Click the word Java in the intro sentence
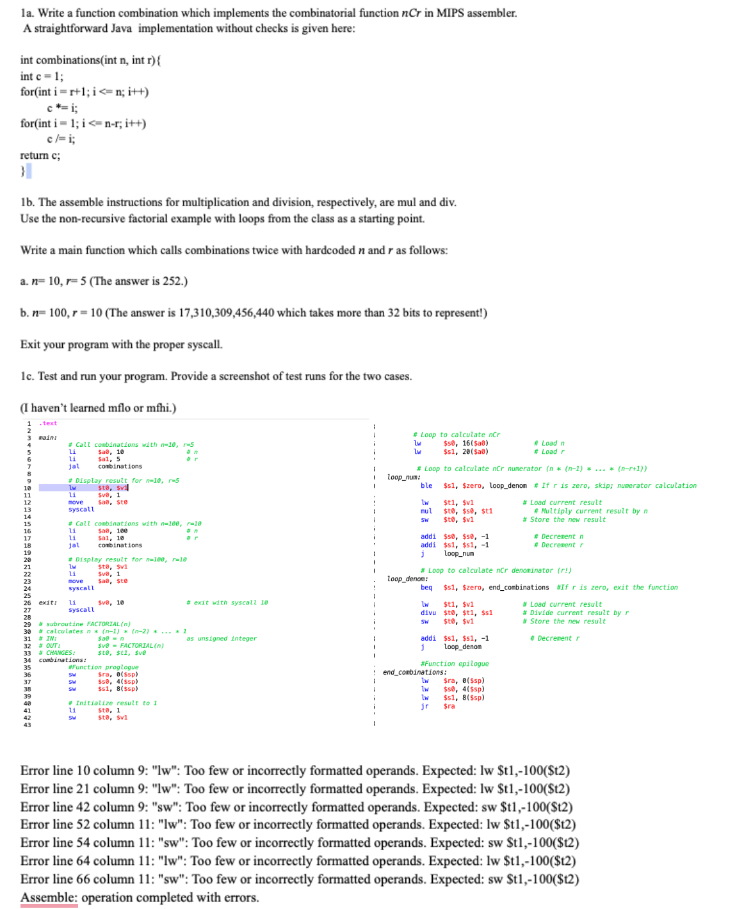point(120,28)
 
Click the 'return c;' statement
point(40,156)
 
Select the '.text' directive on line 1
point(48,423)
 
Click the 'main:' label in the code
point(47,438)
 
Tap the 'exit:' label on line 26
point(47,603)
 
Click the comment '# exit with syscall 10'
point(227,603)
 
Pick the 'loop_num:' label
point(403,478)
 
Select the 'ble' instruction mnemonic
point(426,486)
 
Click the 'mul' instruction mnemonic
point(426,511)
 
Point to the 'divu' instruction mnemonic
point(428,613)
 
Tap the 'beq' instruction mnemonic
point(426,588)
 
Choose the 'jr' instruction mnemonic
point(425,706)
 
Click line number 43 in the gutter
point(27,725)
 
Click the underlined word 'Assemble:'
point(49,897)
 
